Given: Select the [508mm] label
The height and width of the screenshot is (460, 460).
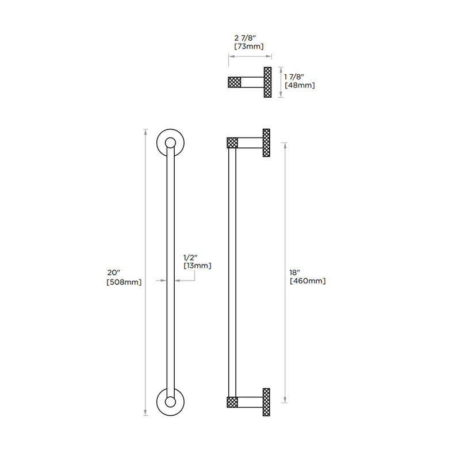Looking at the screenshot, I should (124, 282).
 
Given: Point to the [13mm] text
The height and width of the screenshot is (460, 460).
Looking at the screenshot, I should (197, 266).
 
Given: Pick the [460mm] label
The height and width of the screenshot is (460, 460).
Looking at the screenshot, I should (308, 281).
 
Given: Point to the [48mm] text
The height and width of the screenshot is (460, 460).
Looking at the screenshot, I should (300, 85).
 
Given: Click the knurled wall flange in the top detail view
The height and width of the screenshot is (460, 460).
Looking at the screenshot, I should (267, 82).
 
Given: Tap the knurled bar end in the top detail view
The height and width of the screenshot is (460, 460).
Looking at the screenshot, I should (235, 82).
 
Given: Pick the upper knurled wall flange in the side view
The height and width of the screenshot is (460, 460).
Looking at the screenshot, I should (267, 143).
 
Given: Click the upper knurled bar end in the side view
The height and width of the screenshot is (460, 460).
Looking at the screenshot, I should (232, 143).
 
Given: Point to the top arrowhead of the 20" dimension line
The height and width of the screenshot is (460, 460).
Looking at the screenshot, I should (145, 131).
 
